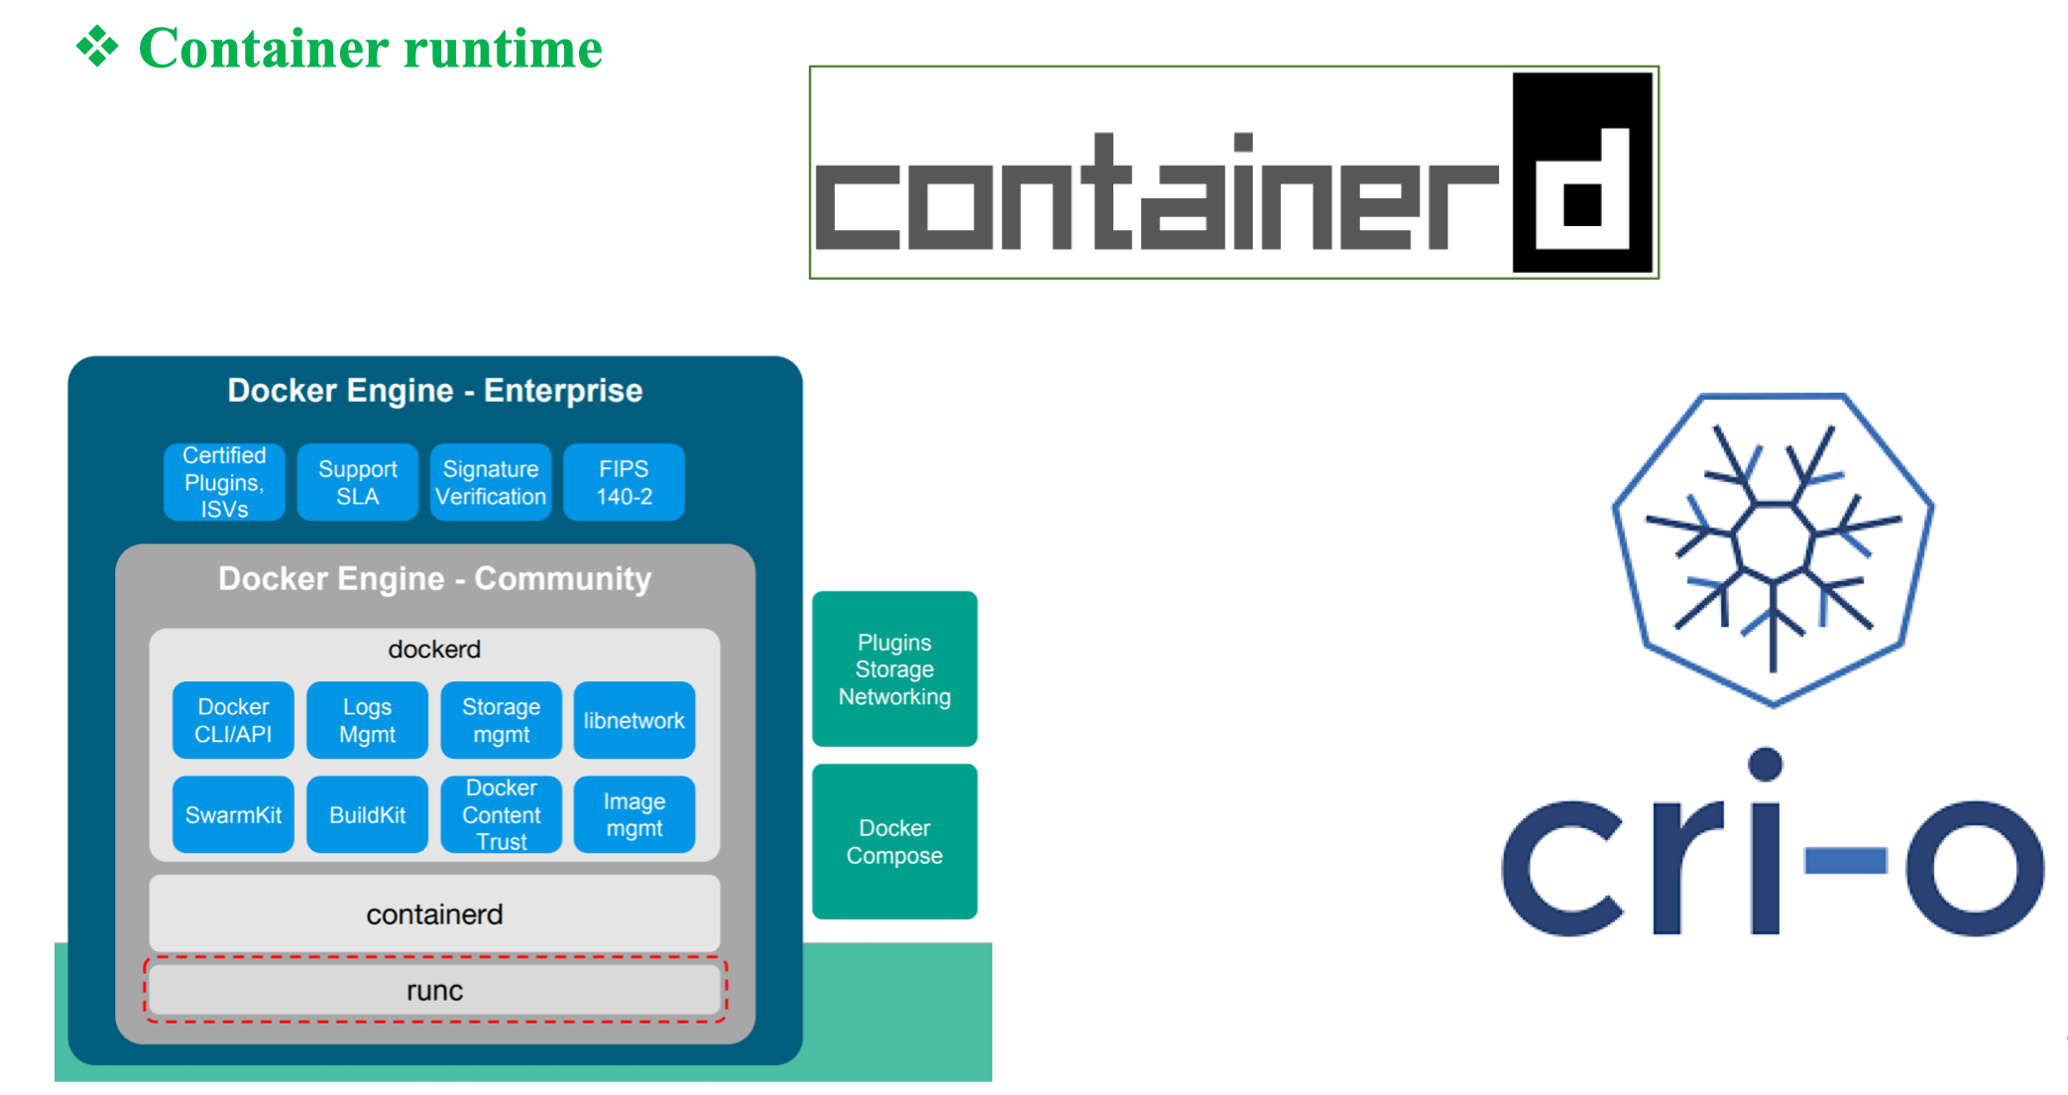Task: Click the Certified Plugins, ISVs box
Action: click(x=224, y=482)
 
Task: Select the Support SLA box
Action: click(x=357, y=482)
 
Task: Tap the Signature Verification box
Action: click(x=491, y=482)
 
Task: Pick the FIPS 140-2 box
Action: click(x=624, y=482)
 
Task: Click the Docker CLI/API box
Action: click(x=233, y=720)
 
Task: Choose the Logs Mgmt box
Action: click(x=367, y=720)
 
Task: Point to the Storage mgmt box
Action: click(x=501, y=720)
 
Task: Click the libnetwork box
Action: click(x=633, y=720)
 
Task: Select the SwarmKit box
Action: click(x=233, y=814)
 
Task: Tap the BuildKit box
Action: click(x=367, y=814)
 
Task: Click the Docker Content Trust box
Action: click(x=501, y=814)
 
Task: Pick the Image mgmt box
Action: click(x=633, y=814)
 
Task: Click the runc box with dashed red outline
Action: click(x=434, y=990)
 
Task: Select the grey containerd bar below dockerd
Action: click(x=434, y=913)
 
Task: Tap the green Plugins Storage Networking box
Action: click(x=894, y=669)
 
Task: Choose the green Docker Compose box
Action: click(x=894, y=841)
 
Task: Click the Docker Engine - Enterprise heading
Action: click(x=434, y=391)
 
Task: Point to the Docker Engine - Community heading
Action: click(x=434, y=578)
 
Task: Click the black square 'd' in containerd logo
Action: click(x=1582, y=173)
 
